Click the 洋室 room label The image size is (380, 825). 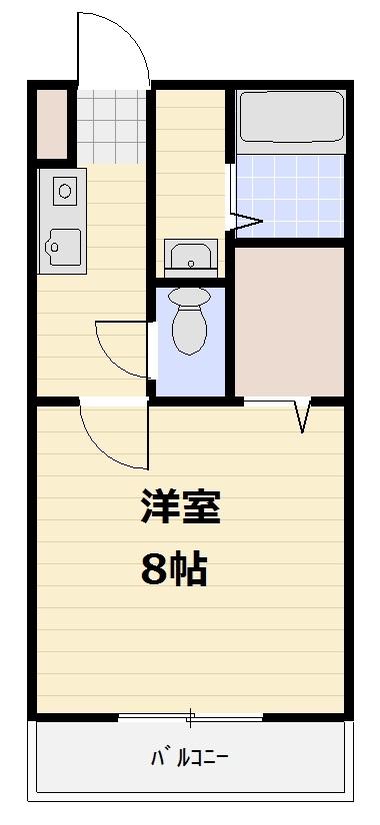coord(180,508)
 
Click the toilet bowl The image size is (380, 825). coord(188,330)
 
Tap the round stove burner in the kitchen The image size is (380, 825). coord(64,189)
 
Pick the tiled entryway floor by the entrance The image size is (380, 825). coord(111,126)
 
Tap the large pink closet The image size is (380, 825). coord(289,319)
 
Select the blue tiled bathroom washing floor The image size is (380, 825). coord(290,196)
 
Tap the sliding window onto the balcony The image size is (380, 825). coord(189,716)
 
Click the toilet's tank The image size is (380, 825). coord(188,296)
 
